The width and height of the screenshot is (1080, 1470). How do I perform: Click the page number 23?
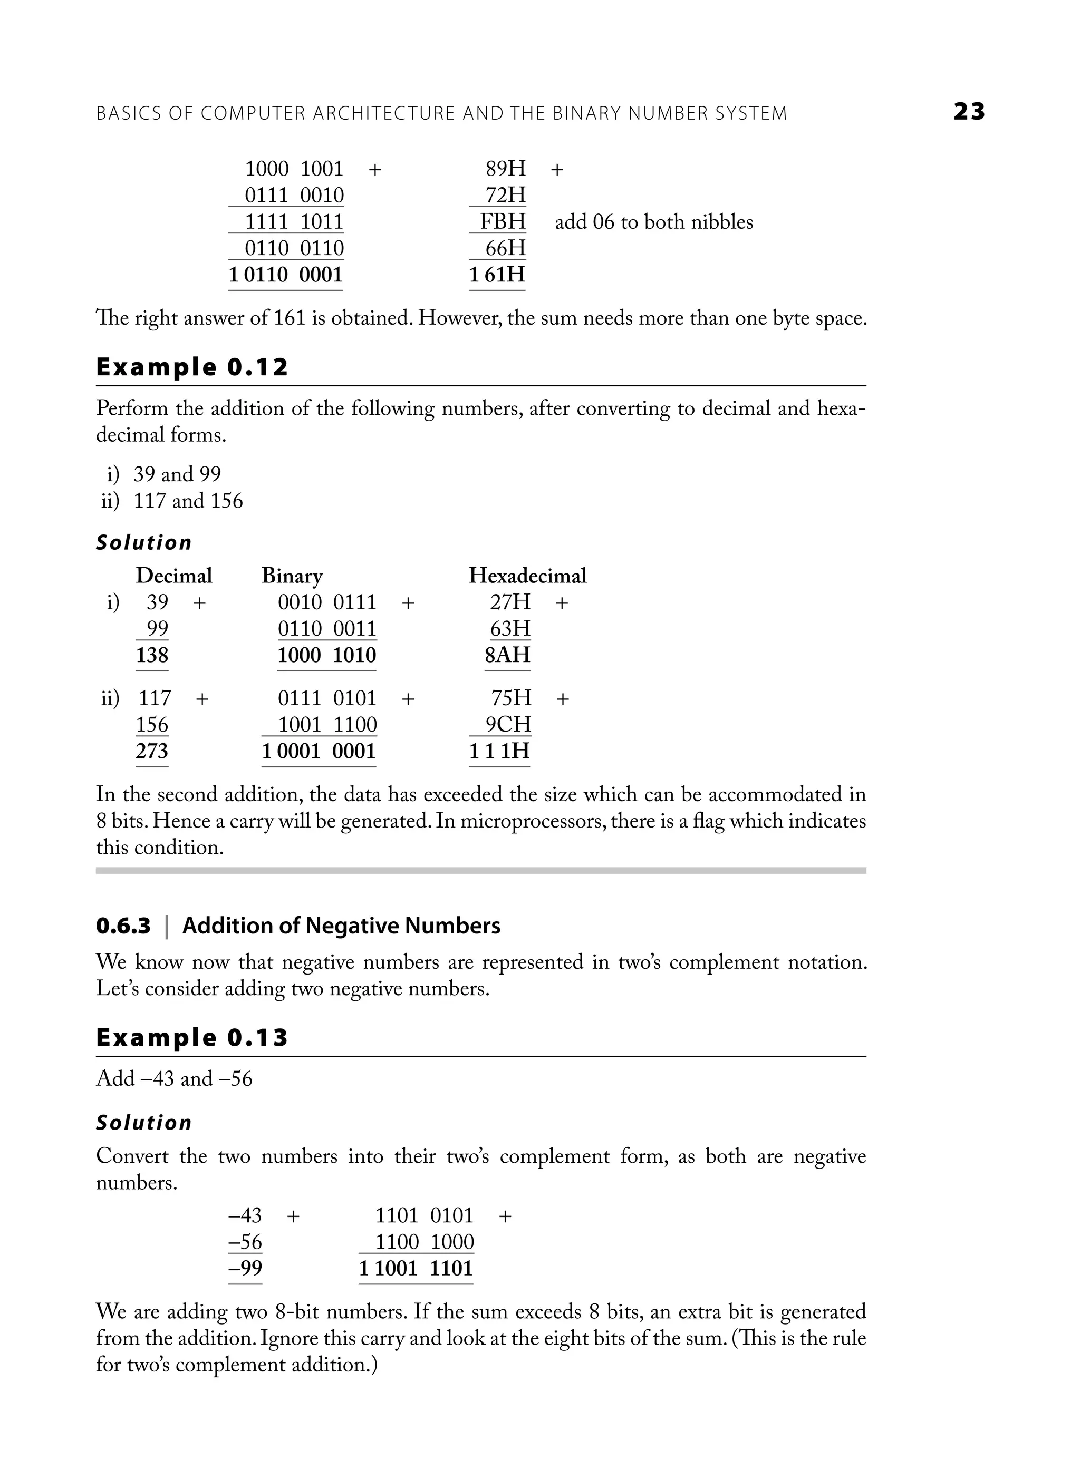pyautogui.click(x=969, y=112)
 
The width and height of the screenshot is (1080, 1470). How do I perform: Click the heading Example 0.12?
pyautogui.click(x=191, y=367)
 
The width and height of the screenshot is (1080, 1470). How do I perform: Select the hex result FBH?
pyautogui.click(x=503, y=221)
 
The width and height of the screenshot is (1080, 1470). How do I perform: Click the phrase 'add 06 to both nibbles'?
pyautogui.click(x=654, y=222)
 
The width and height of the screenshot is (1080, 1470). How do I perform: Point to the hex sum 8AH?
pyautogui.click(x=507, y=655)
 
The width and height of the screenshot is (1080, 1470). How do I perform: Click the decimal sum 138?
pyautogui.click(x=152, y=655)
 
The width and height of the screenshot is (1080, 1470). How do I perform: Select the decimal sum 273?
pyautogui.click(x=152, y=751)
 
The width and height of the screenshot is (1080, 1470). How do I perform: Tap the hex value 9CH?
pyautogui.click(x=508, y=725)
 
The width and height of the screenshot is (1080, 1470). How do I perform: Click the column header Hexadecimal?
pyautogui.click(x=527, y=576)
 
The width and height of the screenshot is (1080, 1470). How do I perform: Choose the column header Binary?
pyautogui.click(x=292, y=576)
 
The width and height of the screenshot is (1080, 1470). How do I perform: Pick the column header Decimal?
pyautogui.click(x=174, y=576)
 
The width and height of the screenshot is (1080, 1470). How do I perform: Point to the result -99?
pyautogui.click(x=245, y=1268)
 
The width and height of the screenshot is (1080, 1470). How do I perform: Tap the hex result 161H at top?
pyautogui.click(x=497, y=275)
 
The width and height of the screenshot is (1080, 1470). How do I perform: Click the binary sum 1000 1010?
pyautogui.click(x=326, y=655)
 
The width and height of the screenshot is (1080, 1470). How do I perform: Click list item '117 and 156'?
pyautogui.click(x=188, y=501)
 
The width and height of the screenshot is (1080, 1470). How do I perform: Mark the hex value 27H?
pyautogui.click(x=510, y=602)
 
